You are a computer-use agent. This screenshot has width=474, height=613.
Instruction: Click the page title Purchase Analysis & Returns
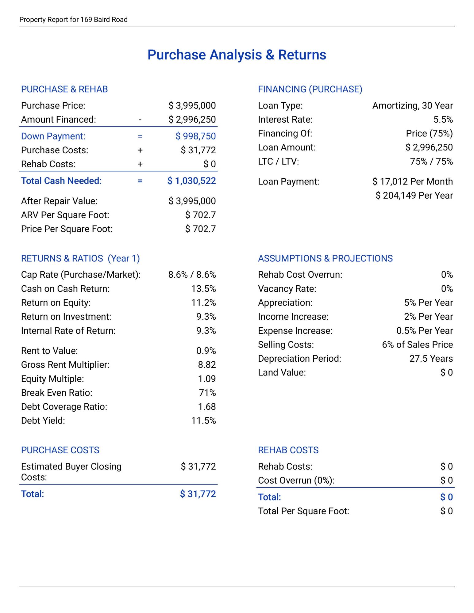point(237,55)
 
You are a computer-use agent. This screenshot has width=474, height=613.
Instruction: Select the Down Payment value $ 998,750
point(195,136)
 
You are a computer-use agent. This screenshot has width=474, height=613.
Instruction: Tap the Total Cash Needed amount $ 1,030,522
point(191,181)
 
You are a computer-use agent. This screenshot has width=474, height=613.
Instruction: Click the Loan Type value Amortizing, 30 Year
point(412,106)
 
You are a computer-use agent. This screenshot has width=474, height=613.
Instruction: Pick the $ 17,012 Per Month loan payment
point(412,181)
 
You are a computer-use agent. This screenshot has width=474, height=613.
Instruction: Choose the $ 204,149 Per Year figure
point(414,195)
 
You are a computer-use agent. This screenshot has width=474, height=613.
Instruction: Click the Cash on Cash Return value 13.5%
point(203,289)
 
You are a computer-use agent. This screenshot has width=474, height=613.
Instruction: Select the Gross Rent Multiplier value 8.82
point(207,365)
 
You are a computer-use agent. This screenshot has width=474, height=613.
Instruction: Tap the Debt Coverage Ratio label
point(64,407)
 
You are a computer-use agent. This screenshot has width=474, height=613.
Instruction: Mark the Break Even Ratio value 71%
point(207,393)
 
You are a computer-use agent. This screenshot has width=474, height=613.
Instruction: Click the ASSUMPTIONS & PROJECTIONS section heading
point(325,258)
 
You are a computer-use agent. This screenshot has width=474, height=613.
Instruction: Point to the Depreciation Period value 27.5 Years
point(431,359)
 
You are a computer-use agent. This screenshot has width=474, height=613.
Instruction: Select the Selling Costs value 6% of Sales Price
point(417,345)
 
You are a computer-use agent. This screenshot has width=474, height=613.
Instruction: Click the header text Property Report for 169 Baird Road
point(73,20)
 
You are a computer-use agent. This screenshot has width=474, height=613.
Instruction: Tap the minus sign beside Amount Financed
point(140,120)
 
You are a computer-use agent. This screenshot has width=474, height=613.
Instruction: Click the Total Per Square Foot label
point(303,511)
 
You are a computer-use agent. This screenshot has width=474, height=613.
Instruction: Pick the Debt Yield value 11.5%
point(203,421)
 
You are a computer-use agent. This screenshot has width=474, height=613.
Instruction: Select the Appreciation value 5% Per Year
point(428,303)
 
